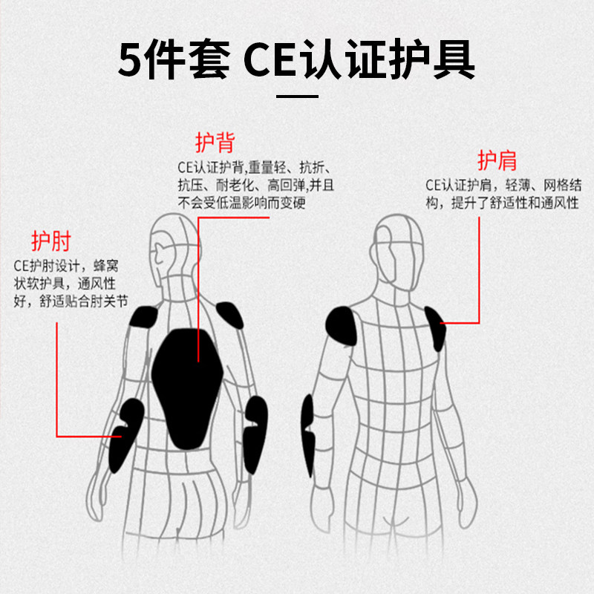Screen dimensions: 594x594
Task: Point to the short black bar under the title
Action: point(297,96)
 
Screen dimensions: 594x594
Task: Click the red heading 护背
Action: point(215,143)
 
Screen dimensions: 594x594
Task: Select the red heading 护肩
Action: point(497,160)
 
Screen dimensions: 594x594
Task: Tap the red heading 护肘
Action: point(50,241)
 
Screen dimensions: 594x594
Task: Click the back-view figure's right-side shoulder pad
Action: point(229,319)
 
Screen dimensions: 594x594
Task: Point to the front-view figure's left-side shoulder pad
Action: point(342,326)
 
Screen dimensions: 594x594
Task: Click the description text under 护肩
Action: point(501,194)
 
